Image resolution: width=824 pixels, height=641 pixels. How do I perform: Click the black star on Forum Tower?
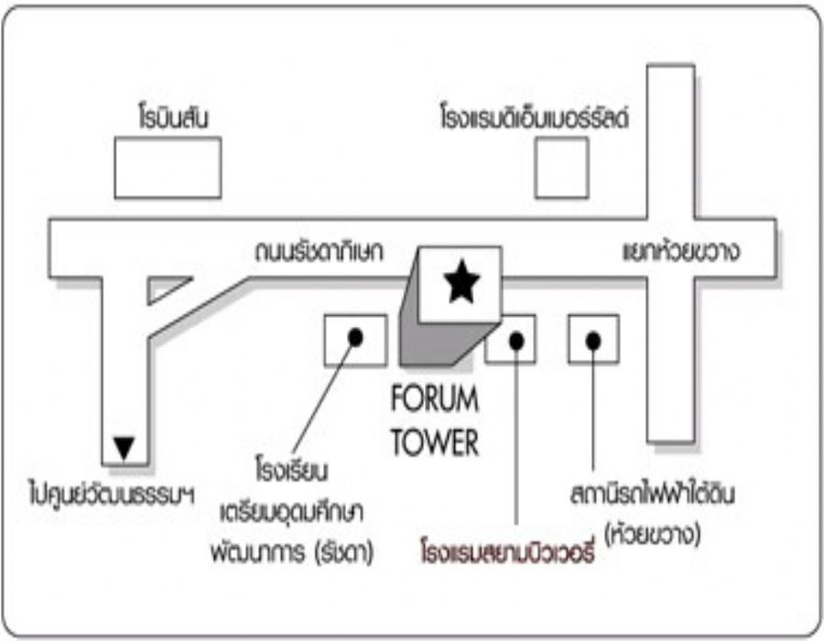coord(460,283)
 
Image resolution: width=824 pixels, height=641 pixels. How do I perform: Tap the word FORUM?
coord(434,401)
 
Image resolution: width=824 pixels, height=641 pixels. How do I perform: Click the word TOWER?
coord(434,443)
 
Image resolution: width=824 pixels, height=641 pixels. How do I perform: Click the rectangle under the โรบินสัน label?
coord(168,168)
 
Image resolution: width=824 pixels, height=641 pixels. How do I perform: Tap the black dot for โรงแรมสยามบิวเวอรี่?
coord(516,341)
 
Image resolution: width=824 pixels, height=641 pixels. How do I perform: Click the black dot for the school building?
coord(355,338)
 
